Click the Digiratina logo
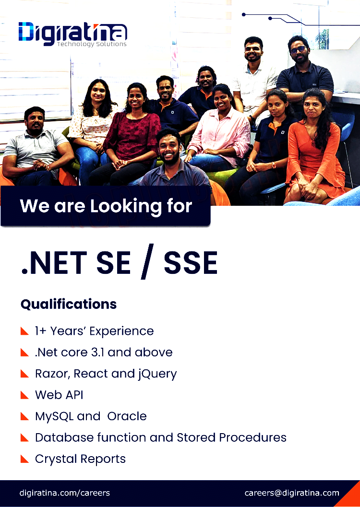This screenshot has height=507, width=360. pyautogui.click(x=73, y=34)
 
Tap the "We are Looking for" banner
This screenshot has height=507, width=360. pyautogui.click(x=106, y=206)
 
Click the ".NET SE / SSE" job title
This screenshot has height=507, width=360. pyautogui.click(x=120, y=262)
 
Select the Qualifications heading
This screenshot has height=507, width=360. pyautogui.click(x=69, y=304)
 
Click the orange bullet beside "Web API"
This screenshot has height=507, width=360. pyautogui.click(x=24, y=395)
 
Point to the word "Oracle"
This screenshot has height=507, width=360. pyautogui.click(x=127, y=416)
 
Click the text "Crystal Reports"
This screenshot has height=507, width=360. pyautogui.click(x=80, y=459)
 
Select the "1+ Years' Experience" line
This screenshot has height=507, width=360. pyautogui.click(x=94, y=331)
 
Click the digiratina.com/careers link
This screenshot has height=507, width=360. pyautogui.click(x=65, y=493)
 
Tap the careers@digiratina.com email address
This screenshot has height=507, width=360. pyautogui.click(x=292, y=493)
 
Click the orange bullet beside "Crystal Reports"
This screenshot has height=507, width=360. pyautogui.click(x=24, y=459)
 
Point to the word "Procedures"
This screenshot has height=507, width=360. pyautogui.click(x=252, y=437)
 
